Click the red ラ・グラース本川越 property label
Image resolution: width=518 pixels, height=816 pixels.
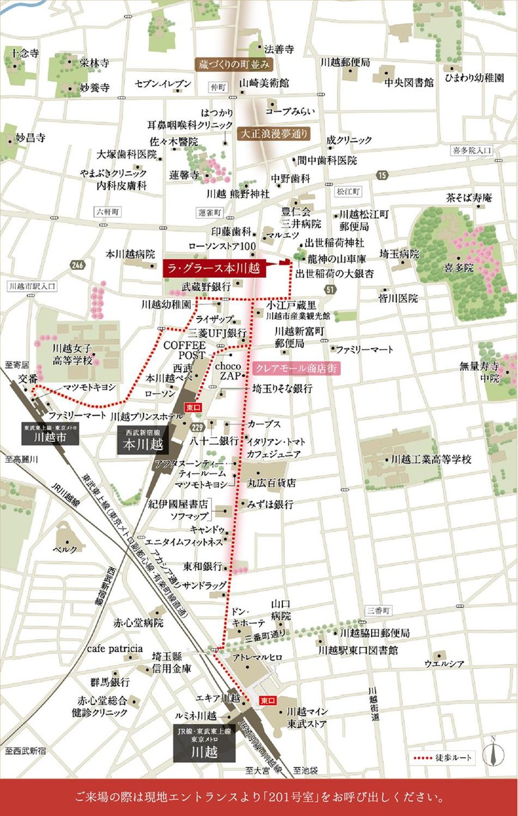click(214, 268)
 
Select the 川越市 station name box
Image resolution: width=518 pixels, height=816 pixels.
click(50, 434)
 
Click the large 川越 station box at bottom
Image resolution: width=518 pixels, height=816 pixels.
click(204, 743)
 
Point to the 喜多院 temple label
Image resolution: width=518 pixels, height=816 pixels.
click(458, 268)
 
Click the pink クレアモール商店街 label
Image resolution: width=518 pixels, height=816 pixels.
click(296, 368)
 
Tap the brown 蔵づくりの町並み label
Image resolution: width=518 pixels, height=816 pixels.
click(234, 64)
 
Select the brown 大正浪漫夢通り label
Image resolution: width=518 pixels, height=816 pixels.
click(274, 133)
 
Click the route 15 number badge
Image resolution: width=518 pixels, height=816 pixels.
click(382, 175)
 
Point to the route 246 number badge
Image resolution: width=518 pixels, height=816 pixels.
click(78, 265)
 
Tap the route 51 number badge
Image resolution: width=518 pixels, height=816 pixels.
click(330, 289)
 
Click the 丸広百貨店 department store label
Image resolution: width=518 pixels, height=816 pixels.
click(272, 483)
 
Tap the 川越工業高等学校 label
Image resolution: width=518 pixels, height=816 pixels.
click(431, 459)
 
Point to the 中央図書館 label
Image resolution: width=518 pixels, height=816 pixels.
click(409, 82)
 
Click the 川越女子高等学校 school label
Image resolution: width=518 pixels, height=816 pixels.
click(72, 354)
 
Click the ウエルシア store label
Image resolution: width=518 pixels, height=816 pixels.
click(444, 664)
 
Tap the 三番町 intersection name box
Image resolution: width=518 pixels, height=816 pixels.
click(378, 610)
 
